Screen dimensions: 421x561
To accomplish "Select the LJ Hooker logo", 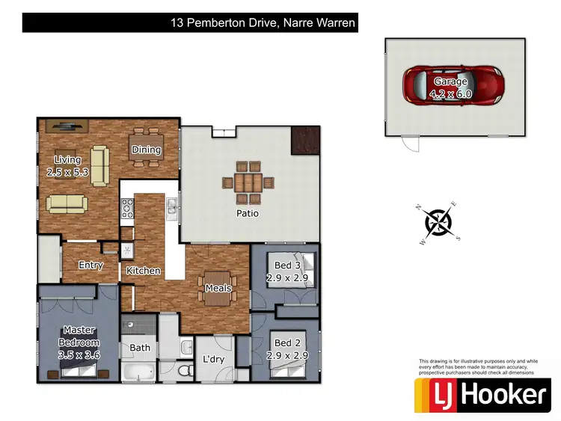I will click(x=482, y=393).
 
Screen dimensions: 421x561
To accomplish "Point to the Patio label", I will click(x=247, y=213).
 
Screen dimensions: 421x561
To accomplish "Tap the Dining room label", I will click(x=147, y=150).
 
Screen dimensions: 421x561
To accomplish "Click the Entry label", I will click(x=91, y=265).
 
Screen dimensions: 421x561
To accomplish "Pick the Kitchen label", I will click(x=144, y=270).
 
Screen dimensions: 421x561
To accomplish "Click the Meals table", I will click(x=216, y=288).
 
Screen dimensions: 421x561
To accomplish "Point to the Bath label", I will click(x=140, y=347).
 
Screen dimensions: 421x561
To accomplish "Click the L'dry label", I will click(x=214, y=359).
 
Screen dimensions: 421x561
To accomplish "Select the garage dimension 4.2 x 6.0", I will click(x=450, y=94).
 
